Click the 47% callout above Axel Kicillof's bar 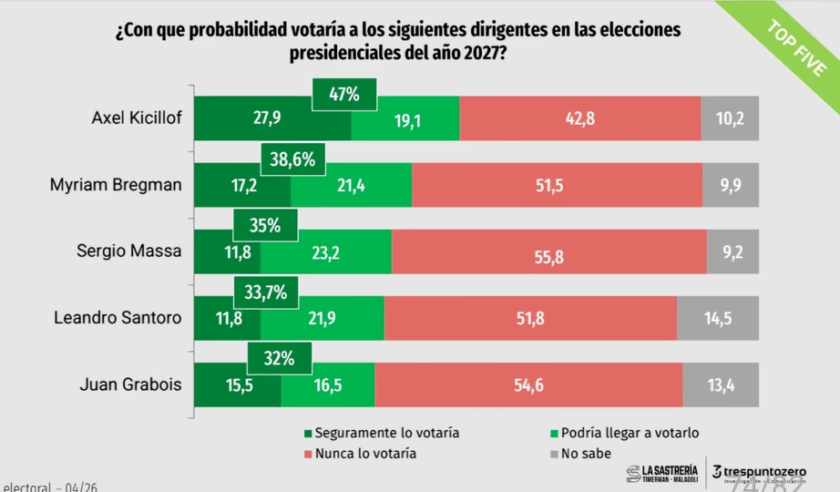point(345,94)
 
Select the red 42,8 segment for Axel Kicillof point(580,118)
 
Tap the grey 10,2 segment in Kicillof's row point(730,118)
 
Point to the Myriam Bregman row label point(116,185)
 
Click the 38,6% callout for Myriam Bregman point(293,160)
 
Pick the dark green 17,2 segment point(242,185)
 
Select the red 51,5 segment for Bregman point(557,185)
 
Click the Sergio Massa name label point(129,251)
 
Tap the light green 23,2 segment point(325,252)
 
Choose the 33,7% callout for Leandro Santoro point(266,292)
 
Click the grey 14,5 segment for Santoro point(718,318)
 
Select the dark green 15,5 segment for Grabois point(238,384)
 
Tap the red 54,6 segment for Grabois point(528,384)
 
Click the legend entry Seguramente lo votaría point(381,433)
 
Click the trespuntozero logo point(759,472)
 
